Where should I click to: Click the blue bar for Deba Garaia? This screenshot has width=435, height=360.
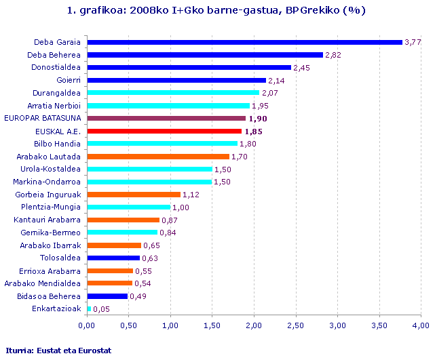(x=244, y=42)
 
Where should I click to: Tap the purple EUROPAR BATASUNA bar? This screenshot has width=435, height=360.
(x=166, y=118)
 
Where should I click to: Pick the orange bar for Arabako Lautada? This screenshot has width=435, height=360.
(x=158, y=157)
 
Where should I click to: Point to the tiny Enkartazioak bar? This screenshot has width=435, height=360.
(x=88, y=308)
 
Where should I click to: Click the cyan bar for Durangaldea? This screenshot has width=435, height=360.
(x=172, y=93)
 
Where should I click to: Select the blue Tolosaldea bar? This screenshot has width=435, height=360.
(x=113, y=258)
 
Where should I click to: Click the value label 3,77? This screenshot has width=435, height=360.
(x=413, y=42)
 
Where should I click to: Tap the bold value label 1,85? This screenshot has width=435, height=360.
(x=253, y=131)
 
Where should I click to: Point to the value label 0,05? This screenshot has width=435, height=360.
(x=101, y=309)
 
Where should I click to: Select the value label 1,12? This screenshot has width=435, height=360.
(x=191, y=195)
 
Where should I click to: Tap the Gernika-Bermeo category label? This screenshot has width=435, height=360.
(x=54, y=233)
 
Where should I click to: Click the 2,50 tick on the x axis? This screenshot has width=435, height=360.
(x=295, y=325)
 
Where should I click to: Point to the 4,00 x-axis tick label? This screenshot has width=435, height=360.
(x=421, y=325)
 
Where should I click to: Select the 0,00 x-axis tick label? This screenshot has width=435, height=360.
(x=86, y=325)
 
